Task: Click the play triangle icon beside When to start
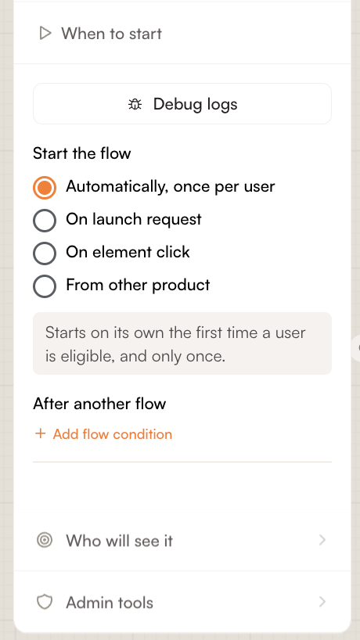(x=45, y=34)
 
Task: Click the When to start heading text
(x=111, y=34)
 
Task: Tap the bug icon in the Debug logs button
(x=135, y=105)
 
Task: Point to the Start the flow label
(x=81, y=153)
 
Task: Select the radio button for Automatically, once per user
(x=45, y=188)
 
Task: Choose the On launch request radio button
(x=45, y=221)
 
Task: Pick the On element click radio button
(x=45, y=253)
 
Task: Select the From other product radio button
(x=45, y=286)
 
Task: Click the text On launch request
(x=134, y=220)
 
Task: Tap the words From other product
(x=138, y=285)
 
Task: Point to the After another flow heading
(x=99, y=404)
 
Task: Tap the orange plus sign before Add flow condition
(x=41, y=433)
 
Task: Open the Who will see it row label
(x=119, y=541)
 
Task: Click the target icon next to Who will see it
(x=45, y=541)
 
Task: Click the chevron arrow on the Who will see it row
(x=322, y=541)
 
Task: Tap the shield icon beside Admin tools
(x=45, y=602)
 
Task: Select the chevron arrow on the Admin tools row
(x=322, y=602)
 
